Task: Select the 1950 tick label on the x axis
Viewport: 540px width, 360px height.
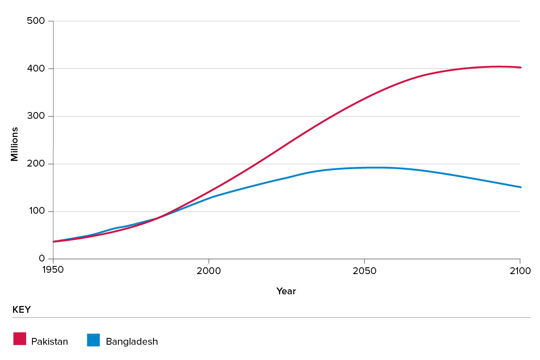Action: click(53, 271)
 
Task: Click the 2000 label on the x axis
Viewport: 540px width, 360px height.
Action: click(209, 271)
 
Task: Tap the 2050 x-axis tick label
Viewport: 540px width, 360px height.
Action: click(364, 271)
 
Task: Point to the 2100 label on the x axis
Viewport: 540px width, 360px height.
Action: click(520, 271)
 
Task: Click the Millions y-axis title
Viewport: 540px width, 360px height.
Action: click(15, 144)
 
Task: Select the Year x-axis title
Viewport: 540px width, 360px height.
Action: click(286, 292)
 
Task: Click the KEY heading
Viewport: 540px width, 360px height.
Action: click(22, 310)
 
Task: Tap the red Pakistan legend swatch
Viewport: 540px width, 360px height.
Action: click(20, 339)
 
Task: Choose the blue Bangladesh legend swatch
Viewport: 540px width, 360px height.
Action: click(94, 340)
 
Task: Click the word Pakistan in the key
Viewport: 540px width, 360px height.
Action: click(49, 342)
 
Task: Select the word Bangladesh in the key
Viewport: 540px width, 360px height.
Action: click(132, 342)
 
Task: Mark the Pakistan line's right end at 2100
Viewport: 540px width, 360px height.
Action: click(520, 67)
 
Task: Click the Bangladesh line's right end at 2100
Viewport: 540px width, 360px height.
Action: click(520, 187)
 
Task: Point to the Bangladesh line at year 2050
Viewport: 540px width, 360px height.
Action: click(364, 168)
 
